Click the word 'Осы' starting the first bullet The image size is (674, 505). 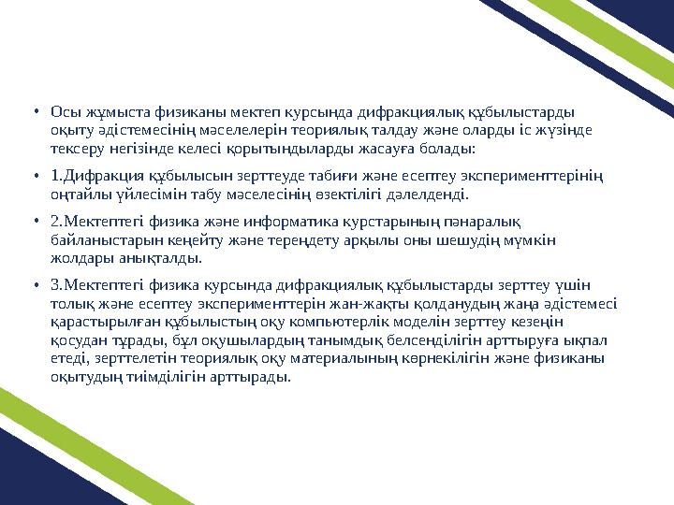coord(64,110)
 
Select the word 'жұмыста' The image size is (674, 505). coord(109,110)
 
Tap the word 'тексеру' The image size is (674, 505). coord(77,148)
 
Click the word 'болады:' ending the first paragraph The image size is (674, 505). coord(450,148)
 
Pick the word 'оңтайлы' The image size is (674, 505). coord(79,194)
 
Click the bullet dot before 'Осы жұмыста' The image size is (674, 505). coord(37,110)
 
